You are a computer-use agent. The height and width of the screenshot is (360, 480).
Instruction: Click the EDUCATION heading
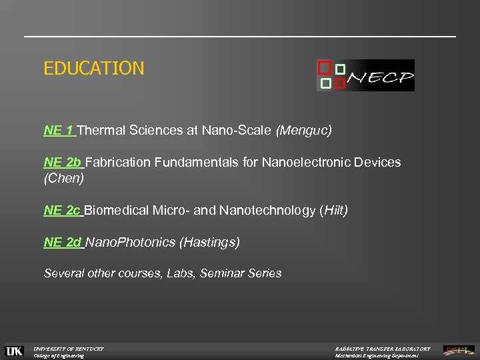[94, 68]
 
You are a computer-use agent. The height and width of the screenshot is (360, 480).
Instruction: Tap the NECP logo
[365, 75]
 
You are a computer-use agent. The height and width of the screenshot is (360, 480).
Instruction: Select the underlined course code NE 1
[59, 131]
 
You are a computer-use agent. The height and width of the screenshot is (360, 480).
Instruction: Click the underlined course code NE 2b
[63, 163]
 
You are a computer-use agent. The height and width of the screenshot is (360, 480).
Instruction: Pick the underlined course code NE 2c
[63, 211]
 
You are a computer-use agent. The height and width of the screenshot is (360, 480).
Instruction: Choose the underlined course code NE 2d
[63, 243]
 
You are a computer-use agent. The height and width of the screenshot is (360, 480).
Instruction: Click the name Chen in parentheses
[64, 179]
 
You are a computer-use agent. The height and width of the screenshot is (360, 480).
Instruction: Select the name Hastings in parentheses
[209, 243]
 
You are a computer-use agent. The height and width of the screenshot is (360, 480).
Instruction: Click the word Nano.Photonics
[131, 243]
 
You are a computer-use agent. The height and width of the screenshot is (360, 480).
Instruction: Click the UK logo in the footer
[14, 351]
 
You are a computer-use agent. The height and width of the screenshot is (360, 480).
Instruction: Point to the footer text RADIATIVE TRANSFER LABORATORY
[383, 348]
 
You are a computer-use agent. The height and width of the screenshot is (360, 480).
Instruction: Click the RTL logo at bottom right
[459, 350]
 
